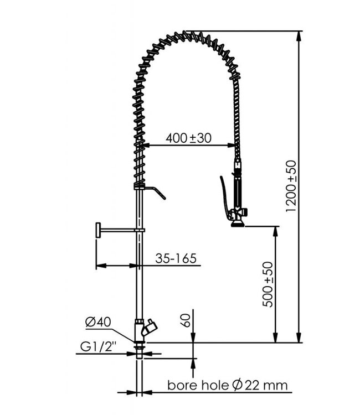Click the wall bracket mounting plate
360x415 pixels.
97,230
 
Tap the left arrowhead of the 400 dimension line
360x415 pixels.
146,146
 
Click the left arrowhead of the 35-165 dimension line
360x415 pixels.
100,266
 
